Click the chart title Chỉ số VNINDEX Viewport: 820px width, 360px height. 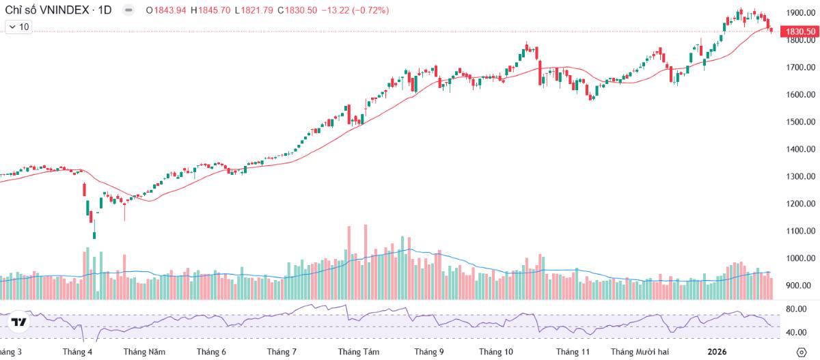click(x=47, y=10)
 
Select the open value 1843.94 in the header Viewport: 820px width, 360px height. click(x=170, y=10)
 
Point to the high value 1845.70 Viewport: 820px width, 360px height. click(x=215, y=10)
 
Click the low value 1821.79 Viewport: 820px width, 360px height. click(x=257, y=10)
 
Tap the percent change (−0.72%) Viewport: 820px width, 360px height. click(x=370, y=10)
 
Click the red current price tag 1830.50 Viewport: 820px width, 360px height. click(x=800, y=31)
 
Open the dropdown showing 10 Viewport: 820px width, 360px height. click(x=18, y=27)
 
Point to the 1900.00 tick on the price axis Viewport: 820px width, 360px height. click(x=801, y=13)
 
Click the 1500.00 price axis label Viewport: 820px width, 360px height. click(x=801, y=122)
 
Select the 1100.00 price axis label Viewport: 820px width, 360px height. click(x=801, y=231)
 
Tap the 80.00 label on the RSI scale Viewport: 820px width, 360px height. click(x=796, y=309)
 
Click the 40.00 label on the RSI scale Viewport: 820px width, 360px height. click(x=796, y=333)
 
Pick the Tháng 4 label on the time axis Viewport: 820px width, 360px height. click(x=77, y=352)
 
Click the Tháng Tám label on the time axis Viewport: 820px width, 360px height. click(x=358, y=352)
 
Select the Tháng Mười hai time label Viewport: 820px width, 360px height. click(x=640, y=352)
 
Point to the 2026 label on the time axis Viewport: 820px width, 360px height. click(x=717, y=352)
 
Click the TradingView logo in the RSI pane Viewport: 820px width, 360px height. click(x=18, y=322)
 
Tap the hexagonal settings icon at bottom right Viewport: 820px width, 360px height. click(x=802, y=352)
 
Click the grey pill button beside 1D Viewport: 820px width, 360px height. click(x=128, y=10)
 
